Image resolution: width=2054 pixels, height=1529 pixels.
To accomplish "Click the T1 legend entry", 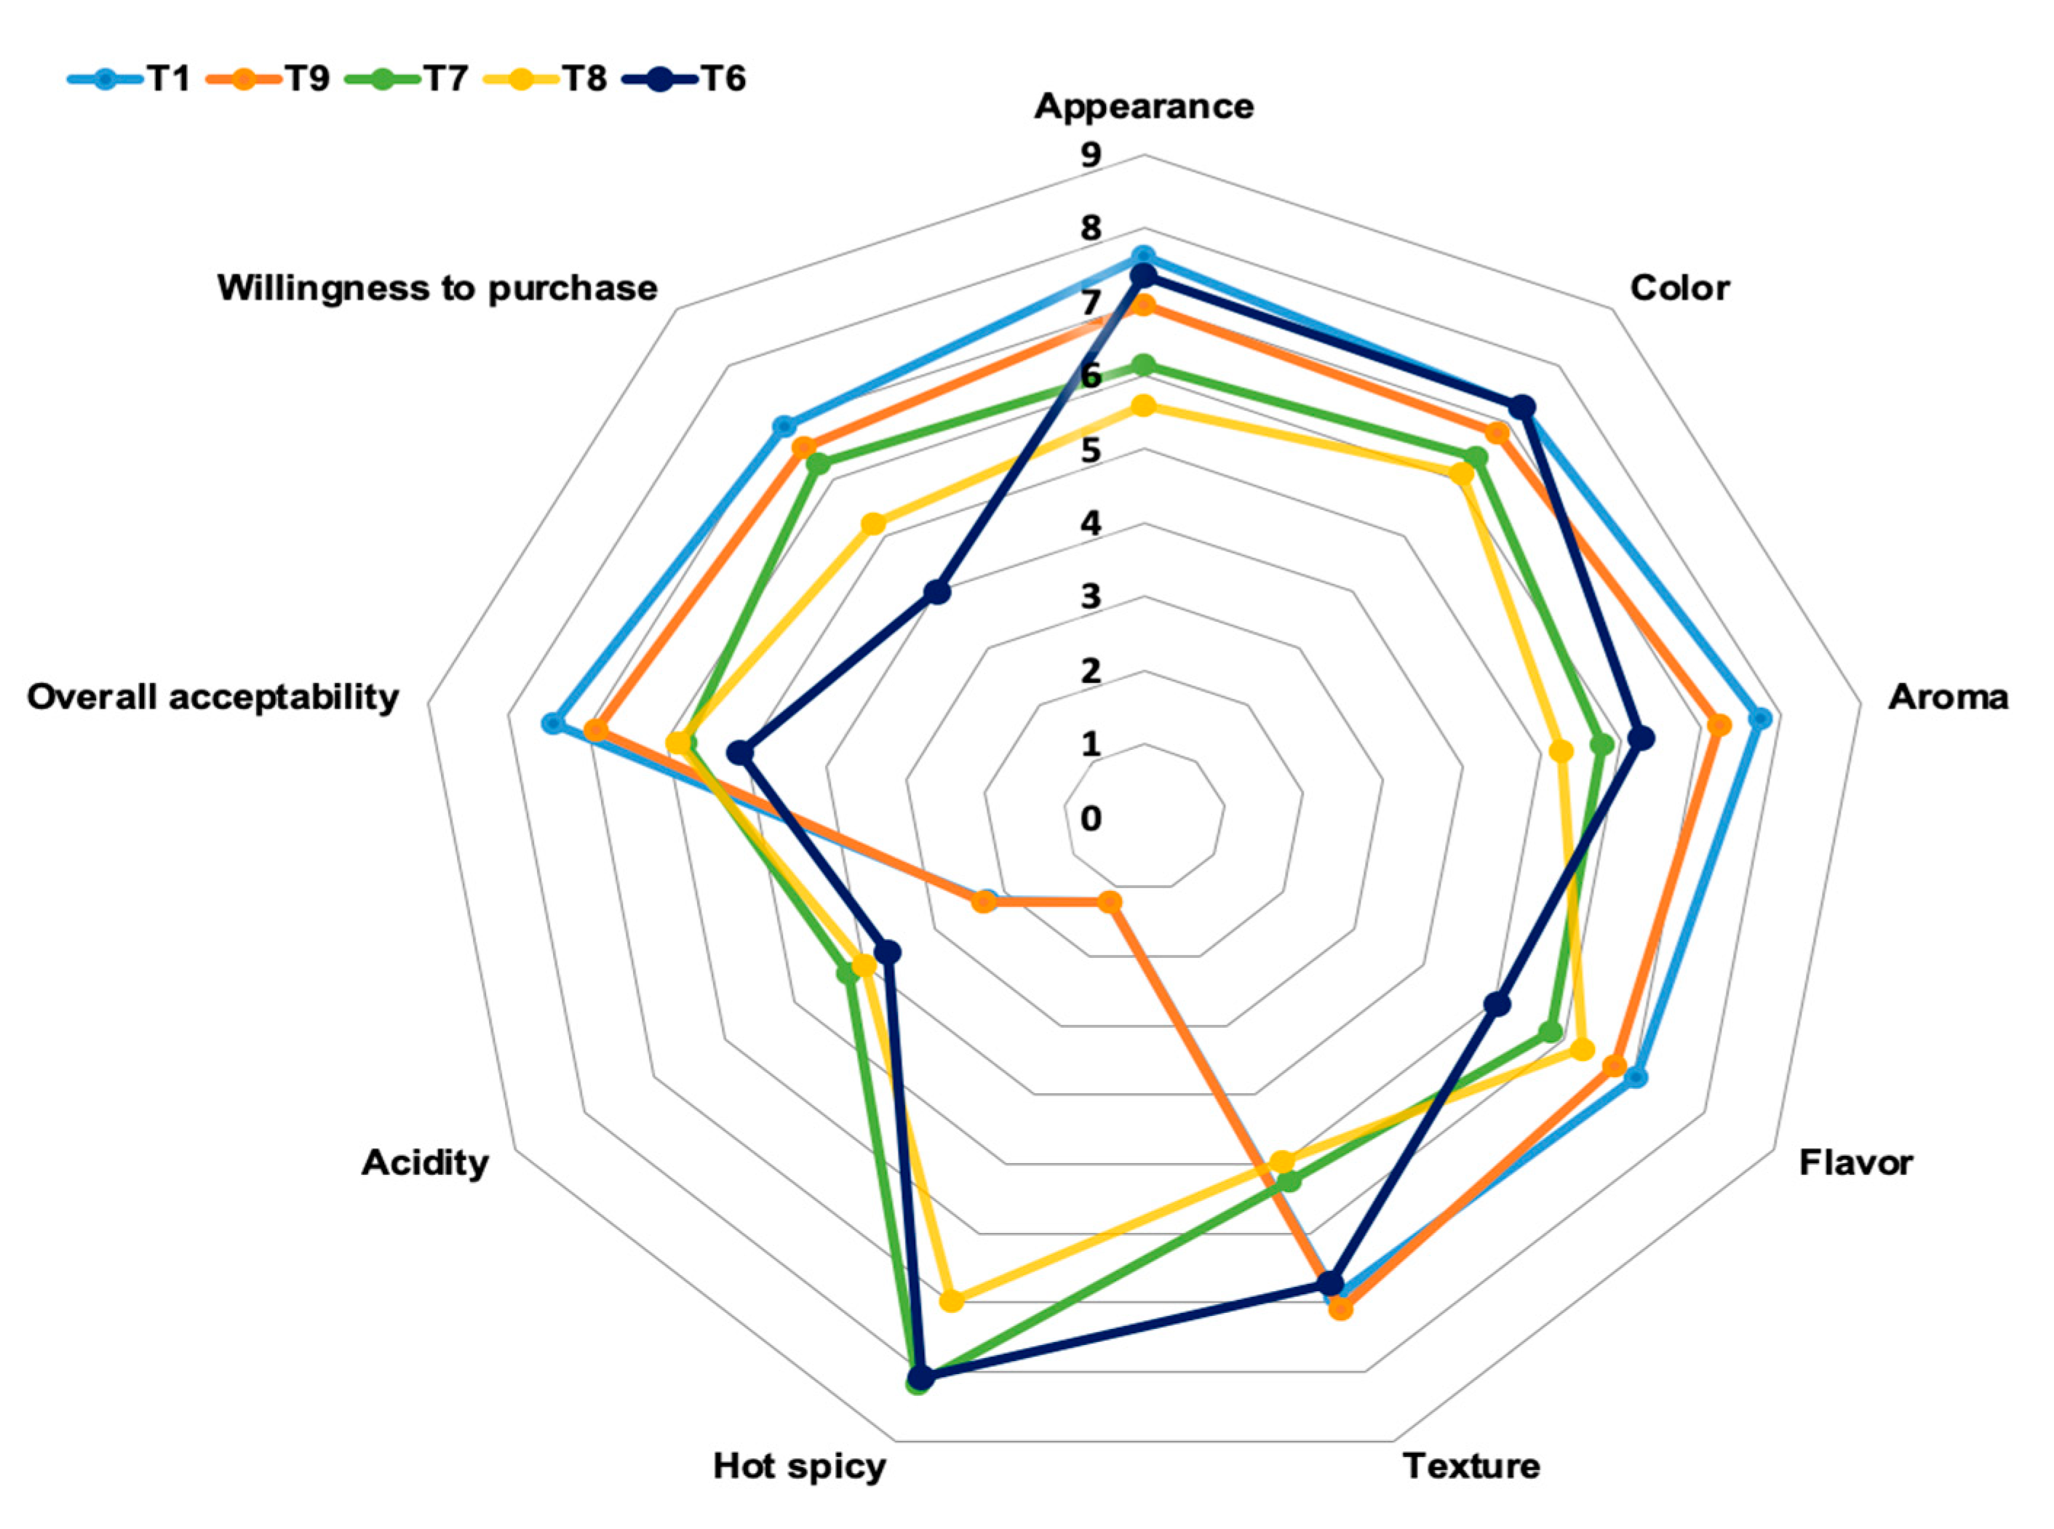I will (130, 79).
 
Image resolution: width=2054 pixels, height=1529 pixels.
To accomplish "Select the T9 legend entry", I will (268, 79).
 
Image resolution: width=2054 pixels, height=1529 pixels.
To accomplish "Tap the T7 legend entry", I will (407, 79).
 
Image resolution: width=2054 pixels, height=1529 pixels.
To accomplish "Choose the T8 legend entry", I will (546, 79).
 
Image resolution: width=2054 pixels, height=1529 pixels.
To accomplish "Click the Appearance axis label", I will (1144, 106).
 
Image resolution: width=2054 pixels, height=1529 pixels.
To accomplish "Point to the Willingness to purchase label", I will (438, 288).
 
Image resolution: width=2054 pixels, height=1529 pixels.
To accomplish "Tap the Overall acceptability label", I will (213, 697).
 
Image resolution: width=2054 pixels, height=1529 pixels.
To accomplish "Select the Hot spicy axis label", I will (799, 1467).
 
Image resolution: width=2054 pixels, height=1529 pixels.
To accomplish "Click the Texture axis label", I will (1472, 1467).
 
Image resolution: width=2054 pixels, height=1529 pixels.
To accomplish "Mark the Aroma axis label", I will (1948, 697).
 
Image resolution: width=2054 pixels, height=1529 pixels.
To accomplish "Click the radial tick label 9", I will (1091, 156).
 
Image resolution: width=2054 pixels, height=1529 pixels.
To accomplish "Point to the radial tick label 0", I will (1091, 818).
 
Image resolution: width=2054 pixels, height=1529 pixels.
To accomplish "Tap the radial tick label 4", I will (1091, 524).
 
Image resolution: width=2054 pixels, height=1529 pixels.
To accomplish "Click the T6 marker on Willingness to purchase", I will (938, 591).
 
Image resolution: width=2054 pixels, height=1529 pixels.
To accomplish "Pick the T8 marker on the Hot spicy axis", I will (951, 1301).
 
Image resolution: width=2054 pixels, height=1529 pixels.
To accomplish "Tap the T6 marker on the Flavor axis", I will (1497, 1003).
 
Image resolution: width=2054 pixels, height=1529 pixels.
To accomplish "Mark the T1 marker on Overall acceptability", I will (553, 723).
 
